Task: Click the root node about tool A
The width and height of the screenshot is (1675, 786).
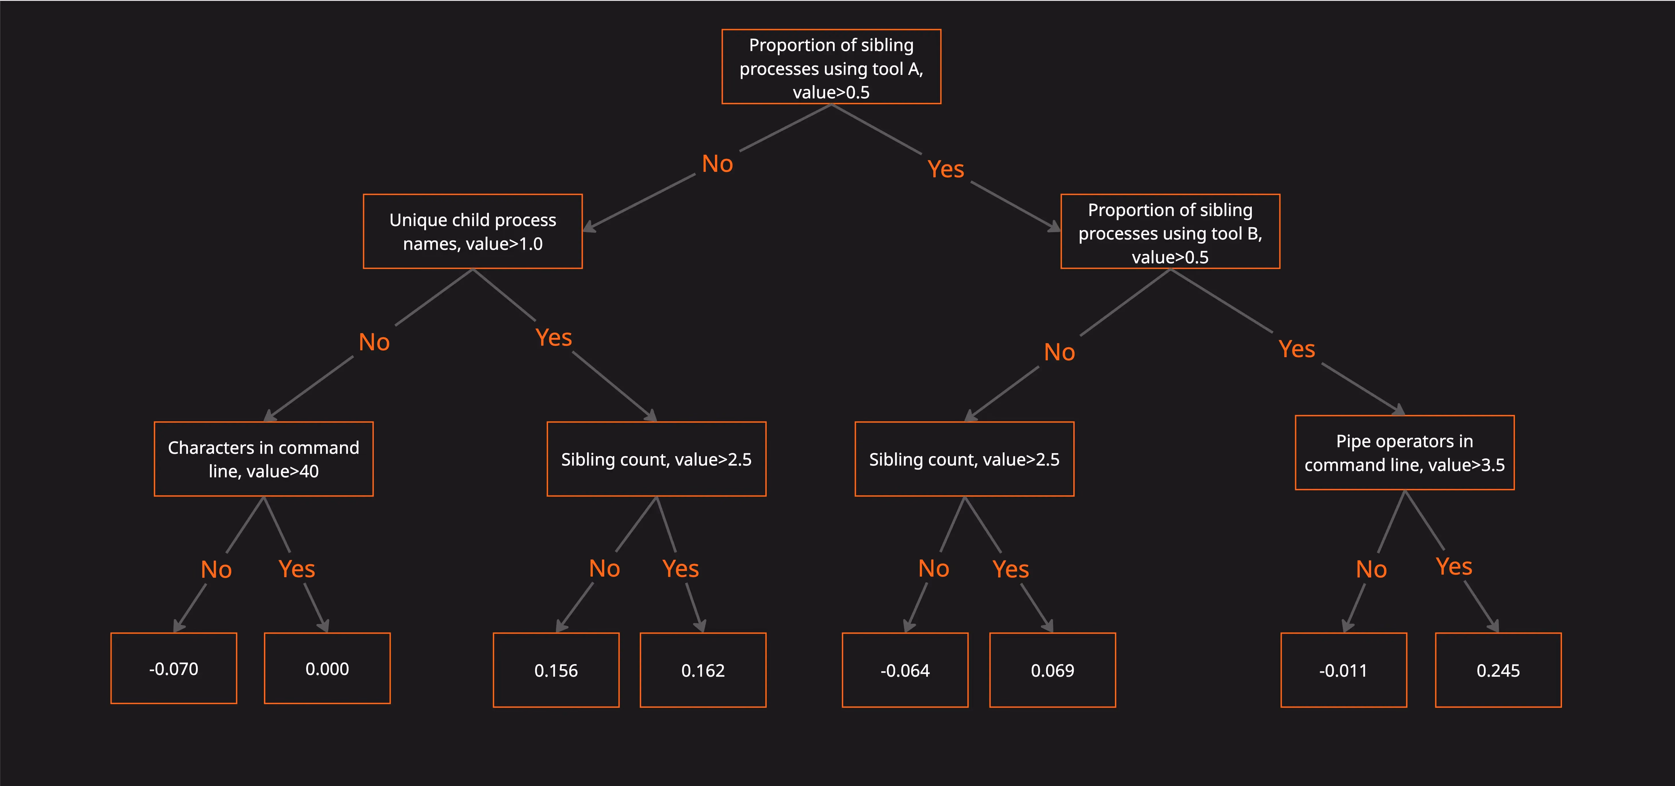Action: pos(831,66)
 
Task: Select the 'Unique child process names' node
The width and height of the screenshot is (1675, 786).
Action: pos(473,231)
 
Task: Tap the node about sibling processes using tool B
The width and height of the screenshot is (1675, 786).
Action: pos(1170,231)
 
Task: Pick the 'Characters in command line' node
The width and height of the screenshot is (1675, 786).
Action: pos(263,459)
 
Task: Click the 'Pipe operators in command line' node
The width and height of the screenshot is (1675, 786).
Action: pos(1404,452)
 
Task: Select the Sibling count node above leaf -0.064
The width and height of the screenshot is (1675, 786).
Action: pos(964,459)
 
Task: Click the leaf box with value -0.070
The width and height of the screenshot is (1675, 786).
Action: pos(174,668)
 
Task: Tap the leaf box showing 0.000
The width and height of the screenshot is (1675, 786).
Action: pos(327,668)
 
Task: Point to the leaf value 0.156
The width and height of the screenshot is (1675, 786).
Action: pos(556,670)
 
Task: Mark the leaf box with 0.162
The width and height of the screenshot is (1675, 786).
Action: pos(703,670)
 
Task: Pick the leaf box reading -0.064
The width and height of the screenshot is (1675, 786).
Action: pos(905,670)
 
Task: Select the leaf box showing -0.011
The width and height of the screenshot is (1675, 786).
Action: pos(1343,670)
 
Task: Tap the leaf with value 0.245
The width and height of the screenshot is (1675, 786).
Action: pos(1498,670)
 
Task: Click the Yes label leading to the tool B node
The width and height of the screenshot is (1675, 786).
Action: pos(945,169)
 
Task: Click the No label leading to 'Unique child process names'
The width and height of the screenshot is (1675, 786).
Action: pos(717,164)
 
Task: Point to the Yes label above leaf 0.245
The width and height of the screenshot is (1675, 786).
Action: pos(1454,566)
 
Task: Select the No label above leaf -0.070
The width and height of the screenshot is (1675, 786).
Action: pos(216,569)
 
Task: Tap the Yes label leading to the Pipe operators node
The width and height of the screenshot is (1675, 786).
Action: pos(1297,349)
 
